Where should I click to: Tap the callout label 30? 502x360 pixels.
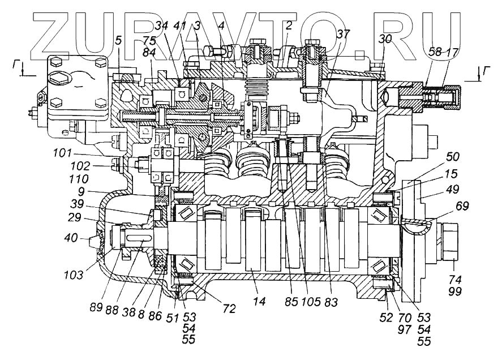point(385,39)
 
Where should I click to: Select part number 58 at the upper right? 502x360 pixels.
point(435,52)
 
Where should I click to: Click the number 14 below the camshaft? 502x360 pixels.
point(259,302)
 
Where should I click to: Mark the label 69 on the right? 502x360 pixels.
point(462,207)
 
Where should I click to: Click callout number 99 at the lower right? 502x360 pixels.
point(454,292)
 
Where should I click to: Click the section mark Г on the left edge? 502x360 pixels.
point(18,66)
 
